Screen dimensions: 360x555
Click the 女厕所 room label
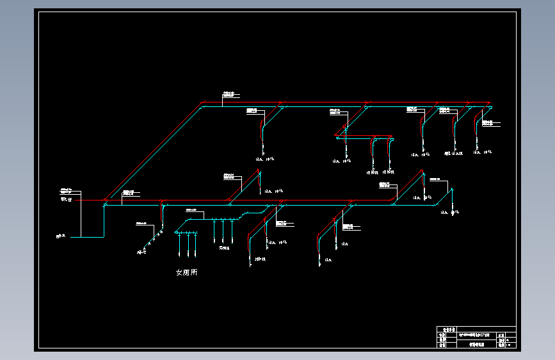[x=186, y=272]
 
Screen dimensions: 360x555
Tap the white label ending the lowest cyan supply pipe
[x=60, y=237]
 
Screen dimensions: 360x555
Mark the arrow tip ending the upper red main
[x=490, y=102]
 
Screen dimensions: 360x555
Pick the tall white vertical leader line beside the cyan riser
[x=81, y=214]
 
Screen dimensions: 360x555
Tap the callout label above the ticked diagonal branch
[x=141, y=223]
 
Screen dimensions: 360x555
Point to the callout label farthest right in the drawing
[x=490, y=122]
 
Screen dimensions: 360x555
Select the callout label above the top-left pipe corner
[x=229, y=94]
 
